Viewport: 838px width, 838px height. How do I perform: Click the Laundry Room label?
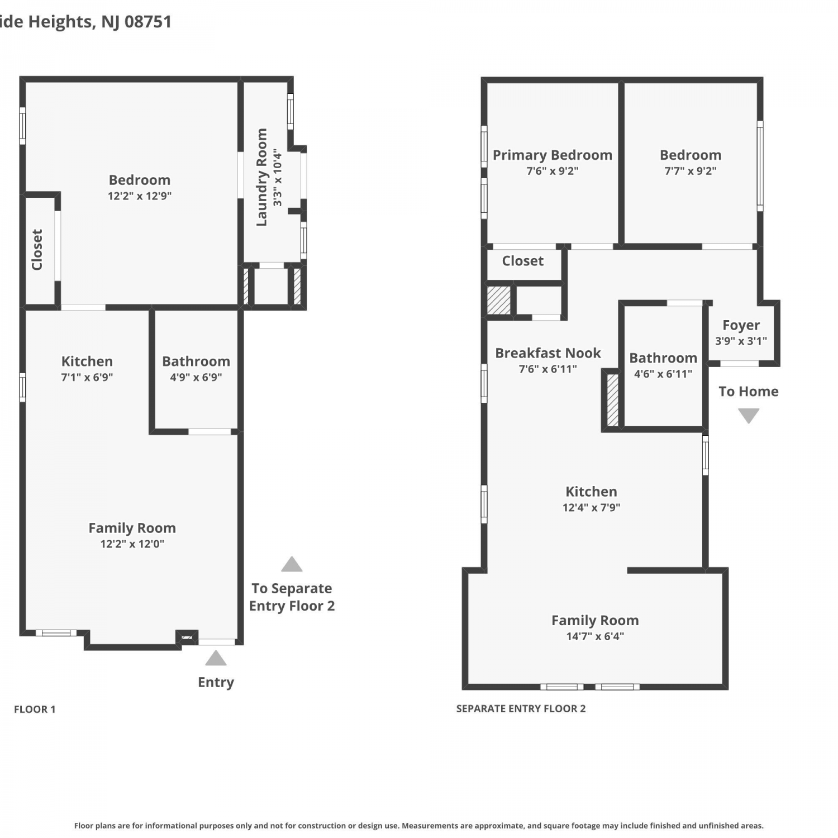coord(261,177)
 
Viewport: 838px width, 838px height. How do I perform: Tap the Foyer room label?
coord(741,325)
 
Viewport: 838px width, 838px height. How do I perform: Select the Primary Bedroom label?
coord(553,155)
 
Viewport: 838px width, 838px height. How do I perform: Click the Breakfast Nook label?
coord(548,353)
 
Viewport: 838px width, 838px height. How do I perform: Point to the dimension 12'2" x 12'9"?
coord(140,196)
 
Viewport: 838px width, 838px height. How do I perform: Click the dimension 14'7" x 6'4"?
coord(595,636)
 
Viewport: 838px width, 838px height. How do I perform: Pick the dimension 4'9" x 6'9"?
coord(196,377)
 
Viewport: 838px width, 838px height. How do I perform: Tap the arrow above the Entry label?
coord(216,658)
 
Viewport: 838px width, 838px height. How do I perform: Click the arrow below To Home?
coord(749,416)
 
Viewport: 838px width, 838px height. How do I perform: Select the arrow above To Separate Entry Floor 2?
coord(292,564)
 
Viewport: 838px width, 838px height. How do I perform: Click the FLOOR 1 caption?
coord(35,710)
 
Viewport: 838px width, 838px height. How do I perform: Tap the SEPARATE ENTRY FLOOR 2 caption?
coord(521,709)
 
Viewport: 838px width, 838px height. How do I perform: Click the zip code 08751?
coord(148,22)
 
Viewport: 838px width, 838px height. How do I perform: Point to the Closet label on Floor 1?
coord(37,250)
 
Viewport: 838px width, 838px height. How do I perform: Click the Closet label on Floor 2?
coord(523,261)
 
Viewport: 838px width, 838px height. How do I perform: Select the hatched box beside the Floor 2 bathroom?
coord(612,400)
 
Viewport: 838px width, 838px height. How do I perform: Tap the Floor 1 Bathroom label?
coord(196,361)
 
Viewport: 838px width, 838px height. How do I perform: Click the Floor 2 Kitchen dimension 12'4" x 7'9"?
coord(592,508)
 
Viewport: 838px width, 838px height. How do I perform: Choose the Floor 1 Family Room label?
coord(132,528)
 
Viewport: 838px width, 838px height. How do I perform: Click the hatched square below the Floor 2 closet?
coord(499,301)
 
